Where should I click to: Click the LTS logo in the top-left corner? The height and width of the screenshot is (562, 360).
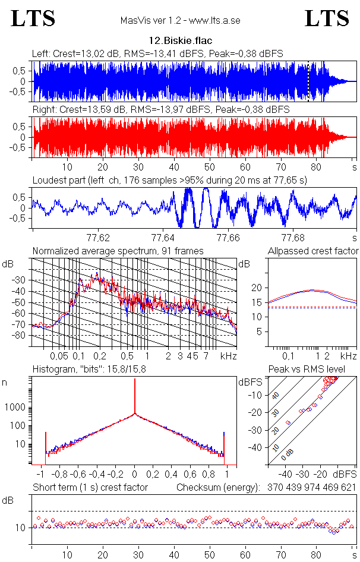click(x=33, y=18)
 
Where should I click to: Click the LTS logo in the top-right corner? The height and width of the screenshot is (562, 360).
click(x=327, y=18)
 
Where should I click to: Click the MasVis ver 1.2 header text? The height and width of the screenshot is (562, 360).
click(x=179, y=20)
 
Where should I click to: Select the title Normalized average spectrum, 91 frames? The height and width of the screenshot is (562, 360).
click(x=118, y=251)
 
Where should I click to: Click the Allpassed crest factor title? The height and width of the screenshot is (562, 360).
click(x=313, y=251)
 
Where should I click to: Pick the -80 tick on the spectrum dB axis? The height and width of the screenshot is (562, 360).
click(x=21, y=336)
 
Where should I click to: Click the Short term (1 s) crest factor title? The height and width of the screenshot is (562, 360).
click(x=90, y=488)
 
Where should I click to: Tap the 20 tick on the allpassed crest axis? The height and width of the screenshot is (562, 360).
click(x=257, y=288)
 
